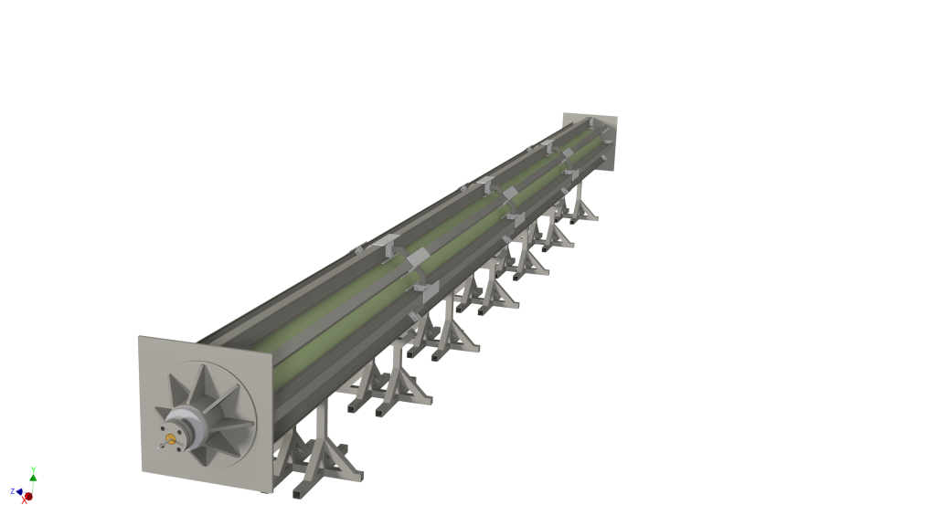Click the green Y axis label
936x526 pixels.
coord(34,470)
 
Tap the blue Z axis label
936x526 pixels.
coord(13,491)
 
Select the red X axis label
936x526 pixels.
coord(25,500)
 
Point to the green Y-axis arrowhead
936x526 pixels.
coord(34,477)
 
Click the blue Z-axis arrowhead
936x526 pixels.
coord(19,491)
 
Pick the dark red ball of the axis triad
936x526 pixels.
coord(28,496)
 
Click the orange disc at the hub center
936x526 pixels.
coord(171,439)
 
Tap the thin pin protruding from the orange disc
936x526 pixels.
coord(162,445)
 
